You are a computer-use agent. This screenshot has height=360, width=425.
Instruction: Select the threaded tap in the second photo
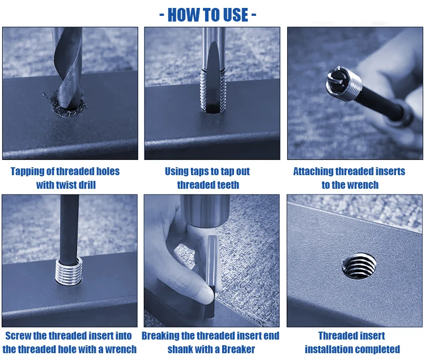pyautogui.click(x=213, y=85)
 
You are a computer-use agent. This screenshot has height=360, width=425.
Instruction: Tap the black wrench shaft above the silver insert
pyautogui.click(x=69, y=227)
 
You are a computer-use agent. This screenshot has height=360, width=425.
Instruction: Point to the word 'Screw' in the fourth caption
pyautogui.click(x=18, y=336)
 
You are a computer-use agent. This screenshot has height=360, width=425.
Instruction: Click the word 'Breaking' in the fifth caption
pyautogui.click(x=161, y=336)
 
